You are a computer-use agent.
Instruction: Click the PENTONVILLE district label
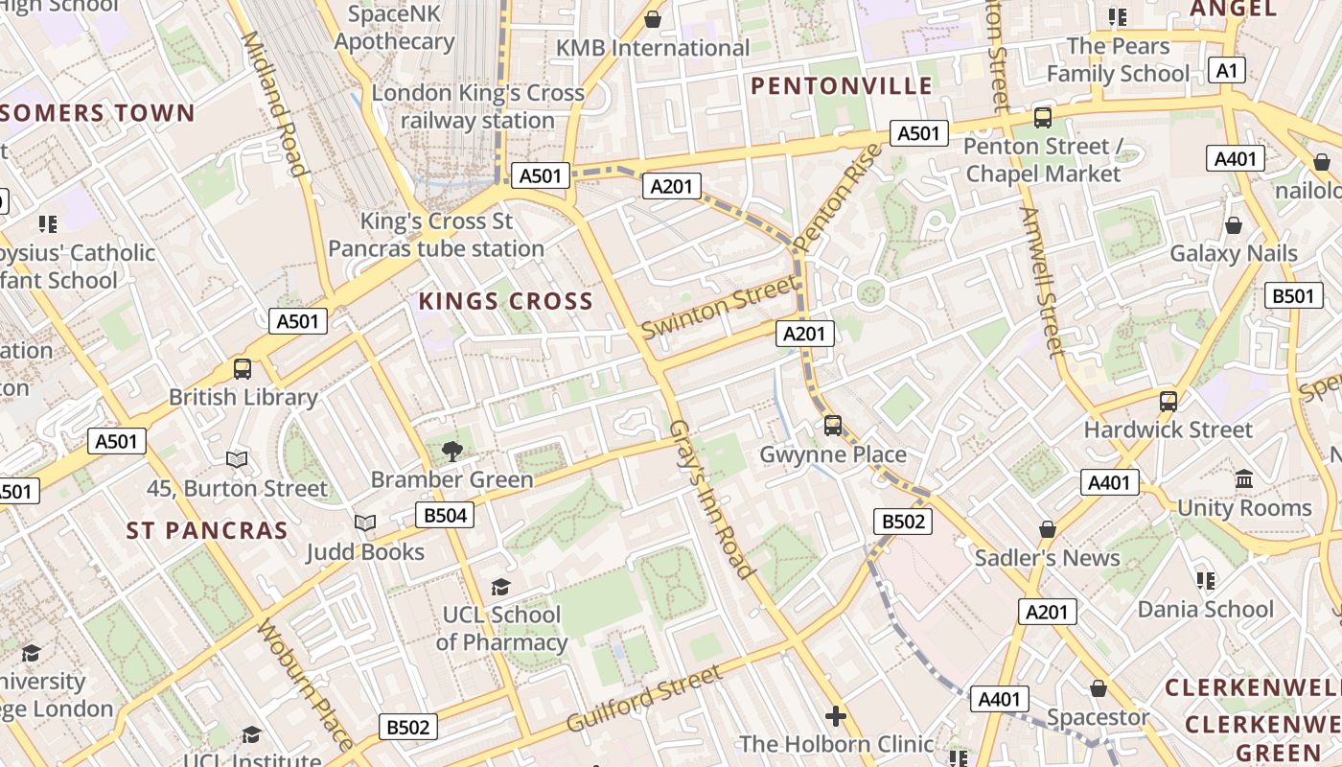click(841, 86)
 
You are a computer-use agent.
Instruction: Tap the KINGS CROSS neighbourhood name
click(506, 301)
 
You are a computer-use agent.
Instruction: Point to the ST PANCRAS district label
click(207, 530)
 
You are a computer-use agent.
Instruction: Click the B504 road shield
click(445, 516)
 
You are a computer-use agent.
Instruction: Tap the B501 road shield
click(1293, 296)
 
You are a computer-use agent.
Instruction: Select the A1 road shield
click(1228, 70)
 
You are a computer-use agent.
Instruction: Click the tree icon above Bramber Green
click(451, 451)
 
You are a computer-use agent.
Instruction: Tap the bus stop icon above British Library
click(243, 369)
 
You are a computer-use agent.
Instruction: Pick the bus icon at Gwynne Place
click(833, 426)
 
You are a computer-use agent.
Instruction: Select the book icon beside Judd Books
click(364, 523)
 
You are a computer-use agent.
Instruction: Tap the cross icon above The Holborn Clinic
click(836, 716)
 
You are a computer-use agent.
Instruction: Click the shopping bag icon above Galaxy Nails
click(1234, 225)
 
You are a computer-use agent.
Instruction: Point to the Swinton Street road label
click(719, 308)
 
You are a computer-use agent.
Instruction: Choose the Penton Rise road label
click(838, 198)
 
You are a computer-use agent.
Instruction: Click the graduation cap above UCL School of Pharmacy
click(500, 587)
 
